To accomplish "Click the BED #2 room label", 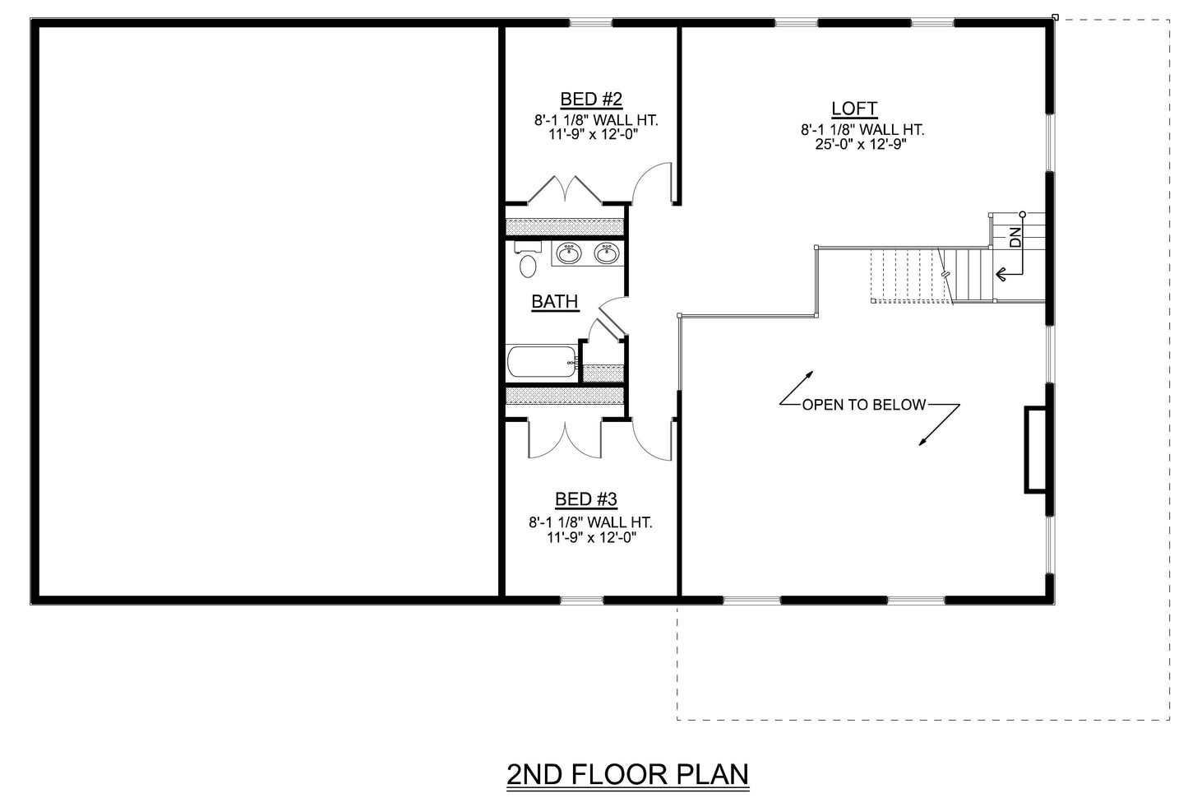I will pos(591,100).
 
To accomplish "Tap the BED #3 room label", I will pos(586,499).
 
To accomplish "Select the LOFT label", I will pos(854,109).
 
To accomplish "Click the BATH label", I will pos(555,302).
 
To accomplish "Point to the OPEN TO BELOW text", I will pos(863,405).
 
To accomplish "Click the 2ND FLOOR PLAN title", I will pos(628,774).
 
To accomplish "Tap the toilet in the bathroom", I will pos(527,262).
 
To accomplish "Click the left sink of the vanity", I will pos(568,253).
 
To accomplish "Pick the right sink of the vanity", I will pos(607,253).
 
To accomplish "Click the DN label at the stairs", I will pos(1015,237).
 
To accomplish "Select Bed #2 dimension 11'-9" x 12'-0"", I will pos(594,133).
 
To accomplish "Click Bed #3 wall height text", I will pos(590,522).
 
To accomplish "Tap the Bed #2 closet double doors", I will pos(566,190).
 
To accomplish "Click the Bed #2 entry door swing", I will pos(655,183).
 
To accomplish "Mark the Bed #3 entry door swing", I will pos(654,439).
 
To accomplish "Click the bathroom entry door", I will pos(612,318).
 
